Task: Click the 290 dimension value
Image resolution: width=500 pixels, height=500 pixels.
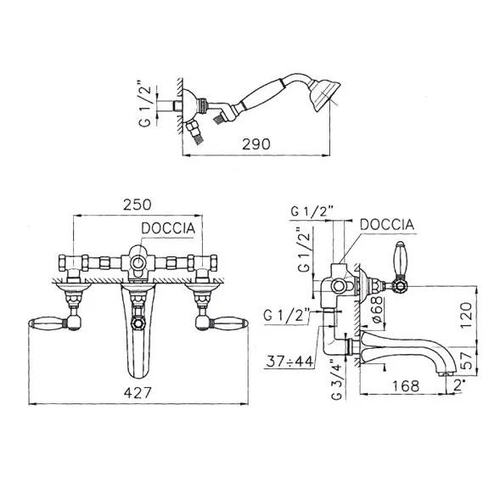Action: tap(256, 144)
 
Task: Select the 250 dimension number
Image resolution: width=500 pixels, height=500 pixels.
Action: tap(138, 205)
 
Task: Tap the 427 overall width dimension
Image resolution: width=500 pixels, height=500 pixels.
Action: tap(138, 392)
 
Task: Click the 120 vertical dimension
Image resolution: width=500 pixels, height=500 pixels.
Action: tap(466, 315)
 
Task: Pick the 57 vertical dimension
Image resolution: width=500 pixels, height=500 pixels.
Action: tap(467, 360)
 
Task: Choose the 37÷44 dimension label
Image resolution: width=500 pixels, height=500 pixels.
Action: tap(289, 362)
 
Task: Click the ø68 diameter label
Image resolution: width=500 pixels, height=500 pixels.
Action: tap(377, 310)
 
